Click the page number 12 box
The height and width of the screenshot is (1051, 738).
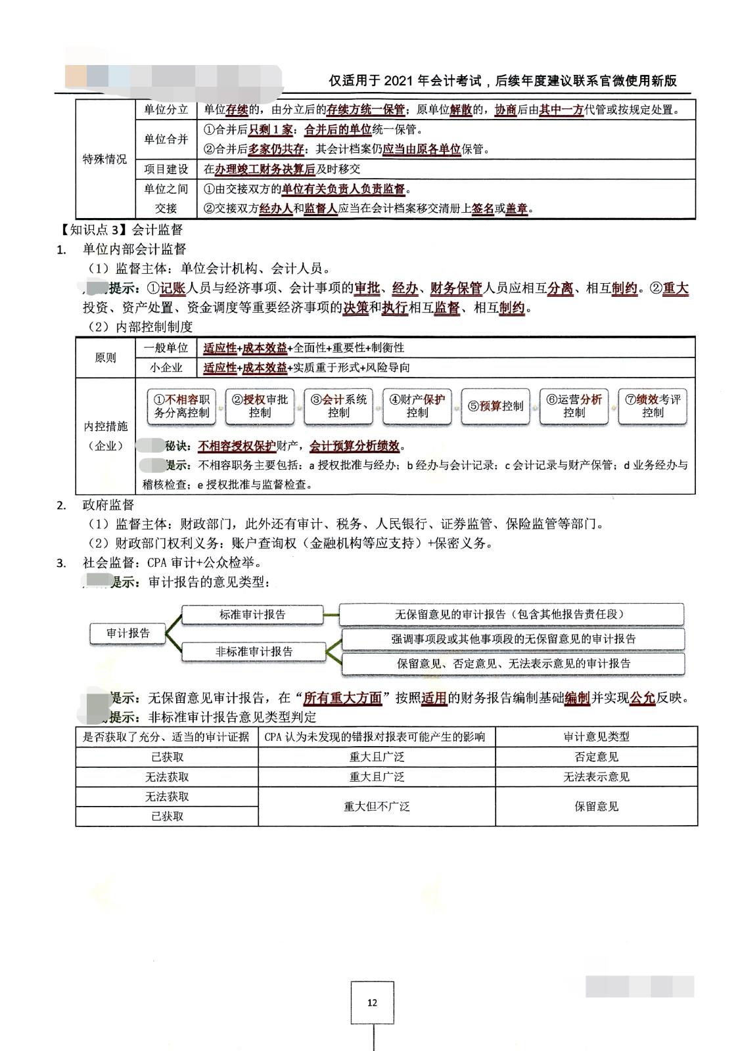372,1002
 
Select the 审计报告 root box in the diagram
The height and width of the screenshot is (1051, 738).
128,633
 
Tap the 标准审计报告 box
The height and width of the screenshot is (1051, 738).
252,615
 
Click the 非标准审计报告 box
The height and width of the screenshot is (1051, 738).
254,652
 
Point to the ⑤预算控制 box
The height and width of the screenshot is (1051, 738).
496,406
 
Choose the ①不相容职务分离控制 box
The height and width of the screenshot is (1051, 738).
181,406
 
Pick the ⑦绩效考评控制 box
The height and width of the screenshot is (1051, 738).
653,406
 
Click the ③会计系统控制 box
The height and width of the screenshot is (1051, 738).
338,406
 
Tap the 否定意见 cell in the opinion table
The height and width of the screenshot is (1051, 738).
596,757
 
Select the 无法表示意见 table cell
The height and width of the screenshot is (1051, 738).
596,776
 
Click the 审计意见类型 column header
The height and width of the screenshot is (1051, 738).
596,736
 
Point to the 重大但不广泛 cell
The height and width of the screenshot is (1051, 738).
377,806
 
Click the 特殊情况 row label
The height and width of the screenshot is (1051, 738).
104,159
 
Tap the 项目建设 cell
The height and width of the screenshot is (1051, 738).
166,169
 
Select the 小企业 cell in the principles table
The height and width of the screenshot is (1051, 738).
166,367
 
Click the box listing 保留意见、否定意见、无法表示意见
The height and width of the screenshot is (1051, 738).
513,663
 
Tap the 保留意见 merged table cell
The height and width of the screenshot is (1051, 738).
596,806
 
